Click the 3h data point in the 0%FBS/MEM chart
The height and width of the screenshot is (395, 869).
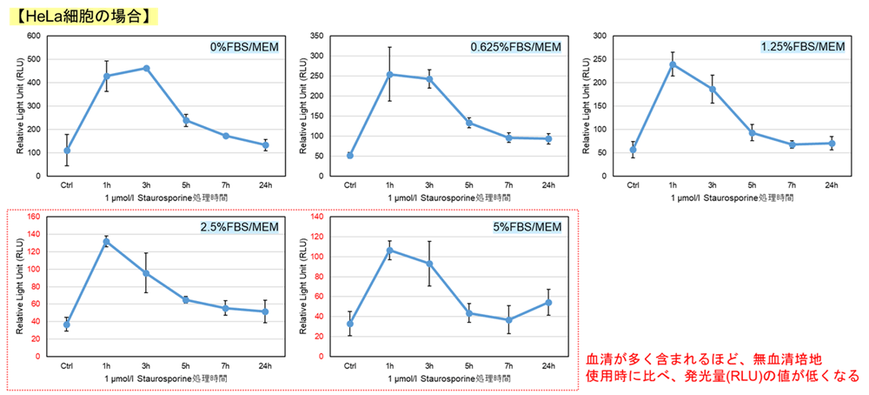[x=146, y=68]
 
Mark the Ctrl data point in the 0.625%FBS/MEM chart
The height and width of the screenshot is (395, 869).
[x=350, y=155]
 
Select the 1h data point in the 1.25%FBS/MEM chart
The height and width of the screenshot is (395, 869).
[x=673, y=64]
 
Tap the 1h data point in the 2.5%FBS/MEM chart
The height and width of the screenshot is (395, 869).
[x=107, y=241]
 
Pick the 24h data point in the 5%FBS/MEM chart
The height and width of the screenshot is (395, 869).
[x=548, y=302]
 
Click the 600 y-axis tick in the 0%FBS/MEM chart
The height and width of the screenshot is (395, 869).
[x=34, y=36]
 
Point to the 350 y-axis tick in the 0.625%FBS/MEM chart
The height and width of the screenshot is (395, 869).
[x=316, y=36]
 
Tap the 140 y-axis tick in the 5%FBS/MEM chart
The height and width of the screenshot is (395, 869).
[x=316, y=217]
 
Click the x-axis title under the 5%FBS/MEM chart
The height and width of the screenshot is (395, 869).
[x=449, y=380]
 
